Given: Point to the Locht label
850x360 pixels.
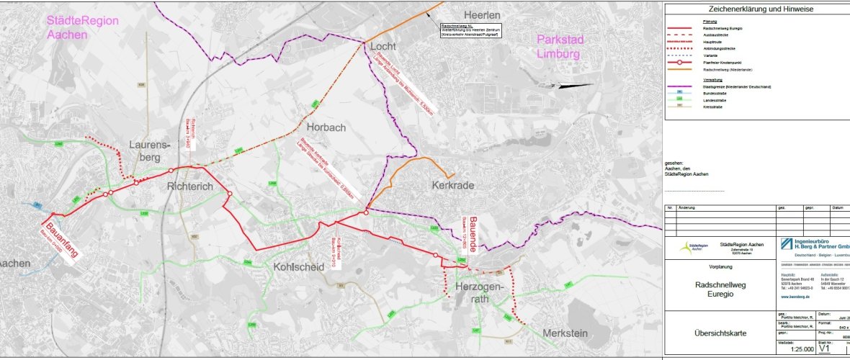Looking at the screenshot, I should click(383, 47).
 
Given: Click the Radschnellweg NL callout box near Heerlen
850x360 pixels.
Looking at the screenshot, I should click(470, 29).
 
